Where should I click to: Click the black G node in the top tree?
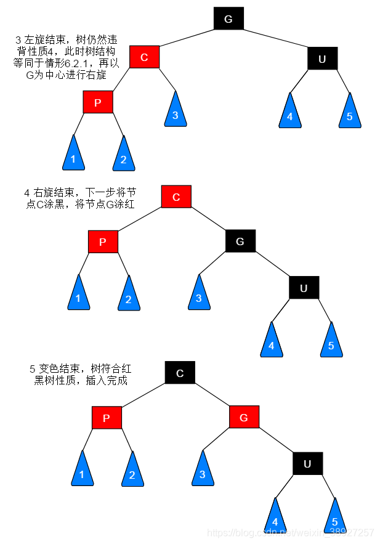(x=228, y=19)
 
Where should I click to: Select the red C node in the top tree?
(x=144, y=57)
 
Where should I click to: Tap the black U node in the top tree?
(x=322, y=59)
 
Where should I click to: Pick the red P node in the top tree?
(x=98, y=102)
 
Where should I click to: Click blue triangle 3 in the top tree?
(x=176, y=112)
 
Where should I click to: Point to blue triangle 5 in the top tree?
(x=349, y=113)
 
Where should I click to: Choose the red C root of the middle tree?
(x=176, y=197)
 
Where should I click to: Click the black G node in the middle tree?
(x=240, y=241)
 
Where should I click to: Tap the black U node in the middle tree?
(x=304, y=288)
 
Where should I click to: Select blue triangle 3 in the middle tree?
(x=199, y=295)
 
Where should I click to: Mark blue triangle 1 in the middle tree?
(x=78, y=295)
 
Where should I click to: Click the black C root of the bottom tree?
(x=180, y=373)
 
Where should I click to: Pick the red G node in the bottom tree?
(x=244, y=418)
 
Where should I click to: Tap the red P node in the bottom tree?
(x=107, y=418)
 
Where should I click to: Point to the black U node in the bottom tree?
(x=307, y=463)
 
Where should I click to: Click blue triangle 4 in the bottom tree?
(x=275, y=519)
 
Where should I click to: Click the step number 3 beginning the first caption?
(x=18, y=39)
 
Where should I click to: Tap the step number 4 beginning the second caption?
(x=27, y=193)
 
